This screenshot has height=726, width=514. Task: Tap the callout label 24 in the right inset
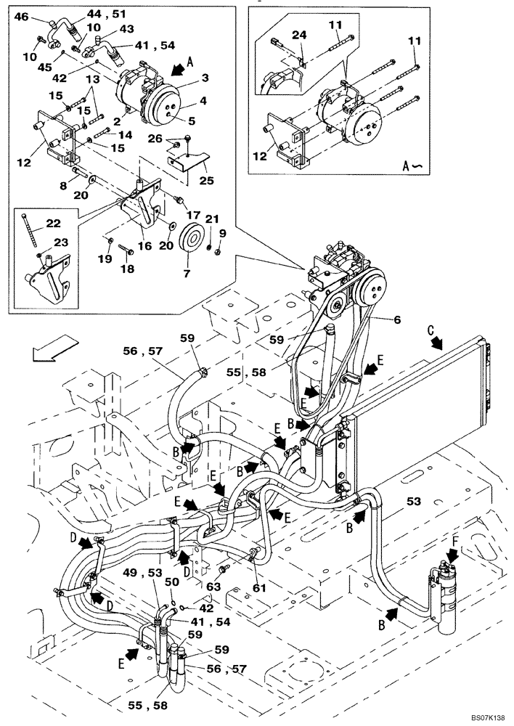click(300, 35)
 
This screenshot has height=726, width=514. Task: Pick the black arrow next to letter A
click(176, 70)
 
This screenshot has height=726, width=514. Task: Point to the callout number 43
click(127, 28)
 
